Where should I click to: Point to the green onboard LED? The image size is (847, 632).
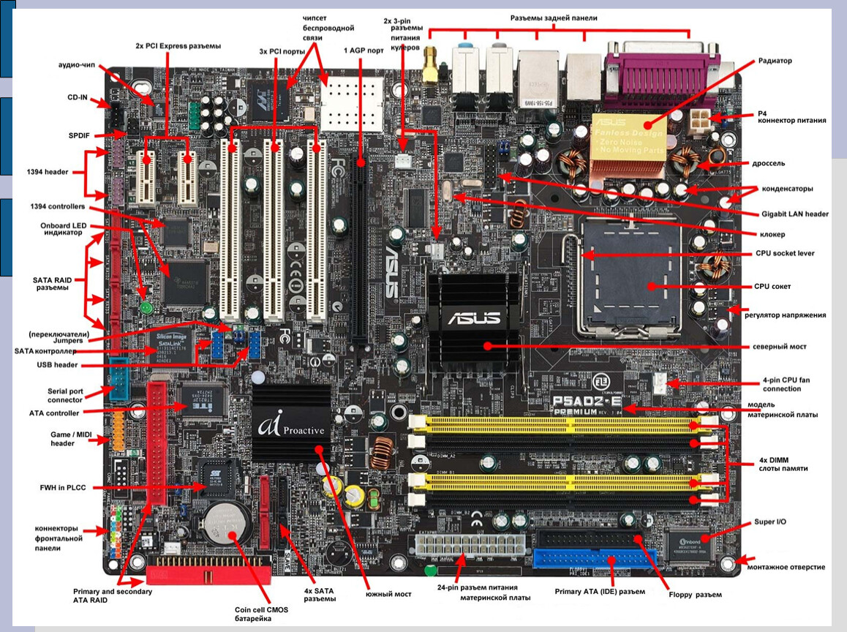click(146, 308)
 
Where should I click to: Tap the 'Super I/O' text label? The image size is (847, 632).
click(770, 523)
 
